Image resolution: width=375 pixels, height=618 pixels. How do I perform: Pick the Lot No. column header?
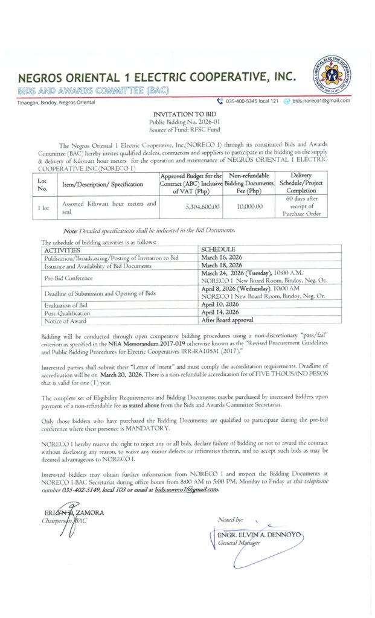[42, 183]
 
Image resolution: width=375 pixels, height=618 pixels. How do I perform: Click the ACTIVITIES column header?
[62, 249]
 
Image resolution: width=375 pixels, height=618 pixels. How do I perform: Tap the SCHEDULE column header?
[218, 249]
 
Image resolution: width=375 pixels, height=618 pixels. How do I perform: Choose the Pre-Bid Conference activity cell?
[69, 278]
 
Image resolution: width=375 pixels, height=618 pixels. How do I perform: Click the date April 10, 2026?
[220, 305]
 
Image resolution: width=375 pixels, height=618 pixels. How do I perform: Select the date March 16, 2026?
[222, 257]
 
